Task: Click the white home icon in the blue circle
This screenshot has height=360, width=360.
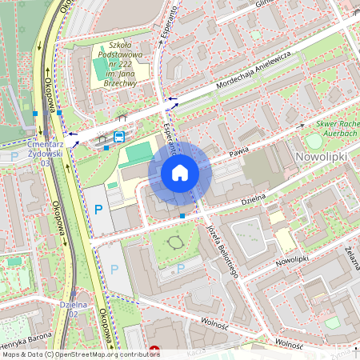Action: click(180, 172)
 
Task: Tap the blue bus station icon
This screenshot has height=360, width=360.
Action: click(119, 137)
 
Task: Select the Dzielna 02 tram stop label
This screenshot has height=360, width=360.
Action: click(73, 309)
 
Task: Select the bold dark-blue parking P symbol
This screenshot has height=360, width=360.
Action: click(99, 210)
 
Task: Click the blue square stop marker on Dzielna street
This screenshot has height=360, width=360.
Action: click(183, 215)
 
